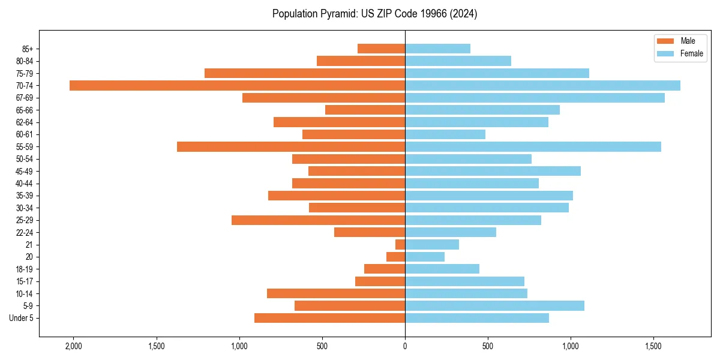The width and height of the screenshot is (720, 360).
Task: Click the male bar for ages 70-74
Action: (237, 86)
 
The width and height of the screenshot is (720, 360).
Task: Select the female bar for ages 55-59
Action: (533, 147)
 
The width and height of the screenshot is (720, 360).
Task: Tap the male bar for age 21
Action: (400, 245)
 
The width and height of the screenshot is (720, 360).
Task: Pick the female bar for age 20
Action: (425, 257)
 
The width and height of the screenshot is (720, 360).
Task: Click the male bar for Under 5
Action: (329, 318)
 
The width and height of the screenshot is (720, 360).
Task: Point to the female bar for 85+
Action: (437, 49)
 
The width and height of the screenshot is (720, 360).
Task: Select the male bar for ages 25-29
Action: (318, 220)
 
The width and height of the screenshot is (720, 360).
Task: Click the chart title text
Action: (374, 14)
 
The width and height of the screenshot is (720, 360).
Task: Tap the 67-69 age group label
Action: (24, 98)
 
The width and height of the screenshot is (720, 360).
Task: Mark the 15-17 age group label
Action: (24, 281)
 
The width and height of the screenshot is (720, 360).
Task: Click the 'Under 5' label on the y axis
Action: (21, 318)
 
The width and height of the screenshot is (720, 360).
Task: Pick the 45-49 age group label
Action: (24, 172)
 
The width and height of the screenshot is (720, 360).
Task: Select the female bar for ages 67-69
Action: (535, 98)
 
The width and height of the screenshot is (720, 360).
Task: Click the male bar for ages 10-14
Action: (336, 293)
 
